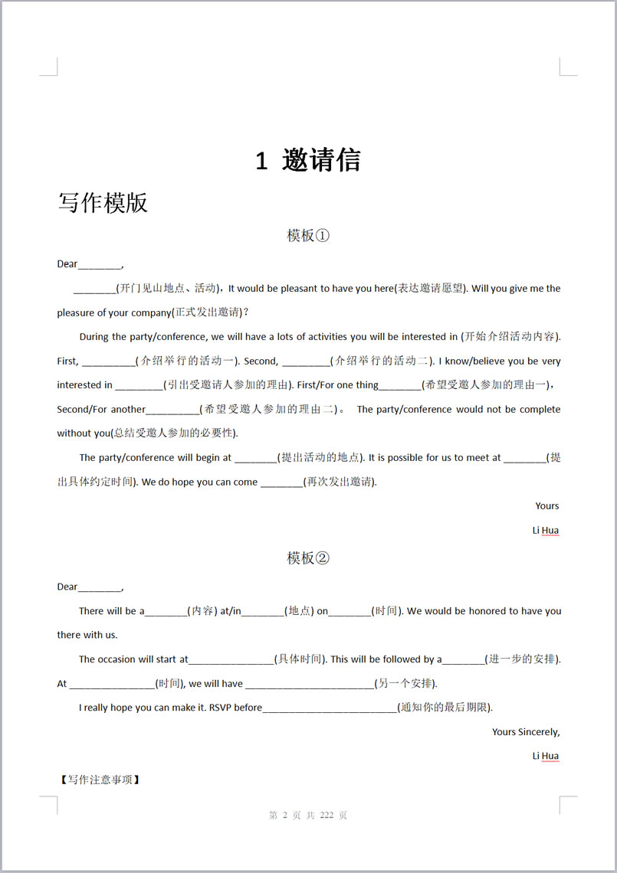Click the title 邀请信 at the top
(x=320, y=160)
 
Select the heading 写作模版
(x=103, y=203)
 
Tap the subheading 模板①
(x=308, y=236)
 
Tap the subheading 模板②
(x=308, y=558)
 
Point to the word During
(x=94, y=337)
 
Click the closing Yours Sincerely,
(x=526, y=732)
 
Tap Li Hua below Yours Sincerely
(x=546, y=757)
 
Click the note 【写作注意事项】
(x=100, y=780)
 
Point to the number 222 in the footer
(x=327, y=816)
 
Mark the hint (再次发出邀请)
(x=340, y=482)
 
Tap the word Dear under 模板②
(x=67, y=587)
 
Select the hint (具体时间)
(x=301, y=659)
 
